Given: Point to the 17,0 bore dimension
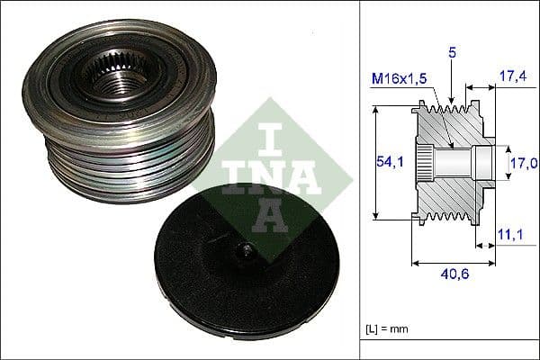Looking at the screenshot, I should tap(522, 163).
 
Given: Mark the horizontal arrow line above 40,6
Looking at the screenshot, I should tap(454, 264).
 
